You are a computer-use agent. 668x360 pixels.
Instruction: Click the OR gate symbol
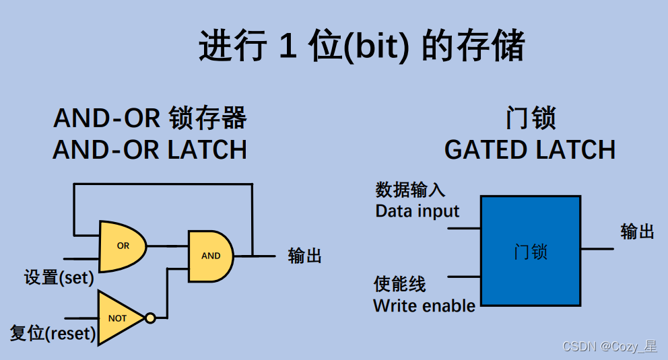122,246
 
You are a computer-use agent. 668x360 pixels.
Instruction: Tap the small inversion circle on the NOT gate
150,318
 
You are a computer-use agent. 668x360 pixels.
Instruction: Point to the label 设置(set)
59,277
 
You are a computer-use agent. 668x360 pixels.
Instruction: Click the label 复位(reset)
53,333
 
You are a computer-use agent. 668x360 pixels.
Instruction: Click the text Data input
417,211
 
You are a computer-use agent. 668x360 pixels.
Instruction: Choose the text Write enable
424,305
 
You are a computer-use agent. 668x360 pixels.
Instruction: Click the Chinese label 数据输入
410,190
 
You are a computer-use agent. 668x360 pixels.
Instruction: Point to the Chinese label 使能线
400,284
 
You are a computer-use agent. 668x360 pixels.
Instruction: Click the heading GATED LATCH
530,149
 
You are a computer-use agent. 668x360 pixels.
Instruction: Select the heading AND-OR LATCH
149,149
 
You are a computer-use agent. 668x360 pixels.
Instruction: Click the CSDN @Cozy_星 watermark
609,347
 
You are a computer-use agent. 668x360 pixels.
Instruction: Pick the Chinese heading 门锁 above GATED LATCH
530,119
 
